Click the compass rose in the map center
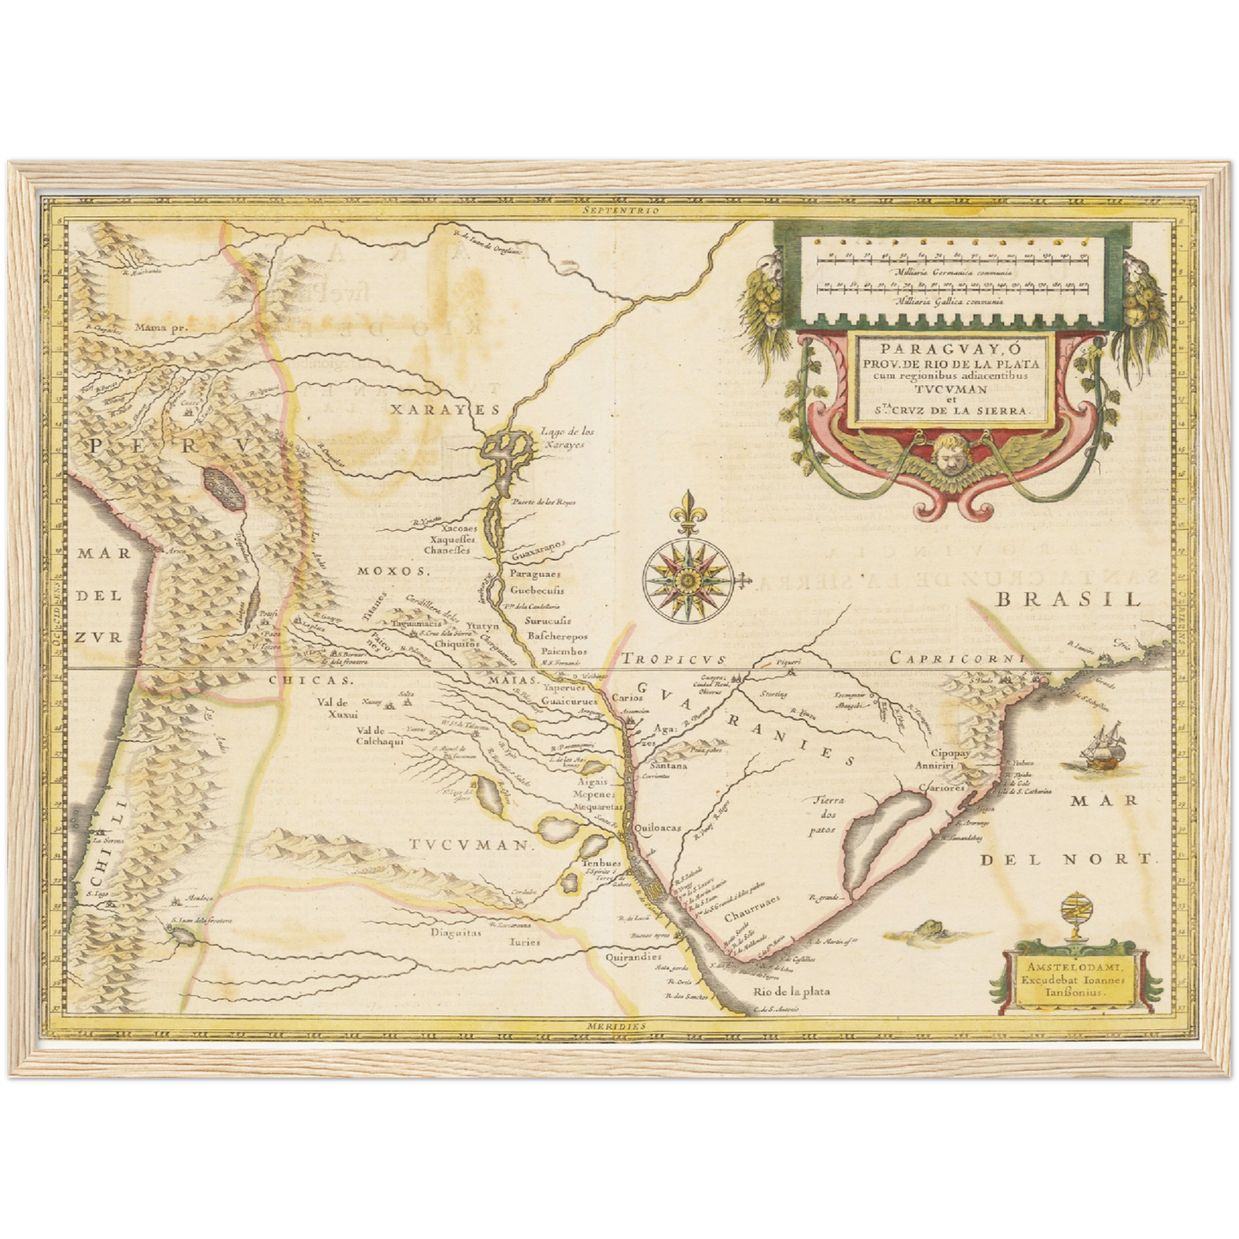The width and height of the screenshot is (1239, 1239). coord(687,580)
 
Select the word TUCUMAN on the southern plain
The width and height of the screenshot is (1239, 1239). coord(469,845)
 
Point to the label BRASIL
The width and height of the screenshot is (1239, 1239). coord(1067,599)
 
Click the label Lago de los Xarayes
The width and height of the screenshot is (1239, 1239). coord(562,438)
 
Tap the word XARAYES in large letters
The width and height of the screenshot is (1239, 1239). coord(444,410)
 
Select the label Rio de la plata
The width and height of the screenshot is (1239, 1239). coord(791,991)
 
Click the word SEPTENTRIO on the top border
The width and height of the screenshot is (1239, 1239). coord(618,209)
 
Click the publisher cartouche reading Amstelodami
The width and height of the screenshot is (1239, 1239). coord(1065,977)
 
